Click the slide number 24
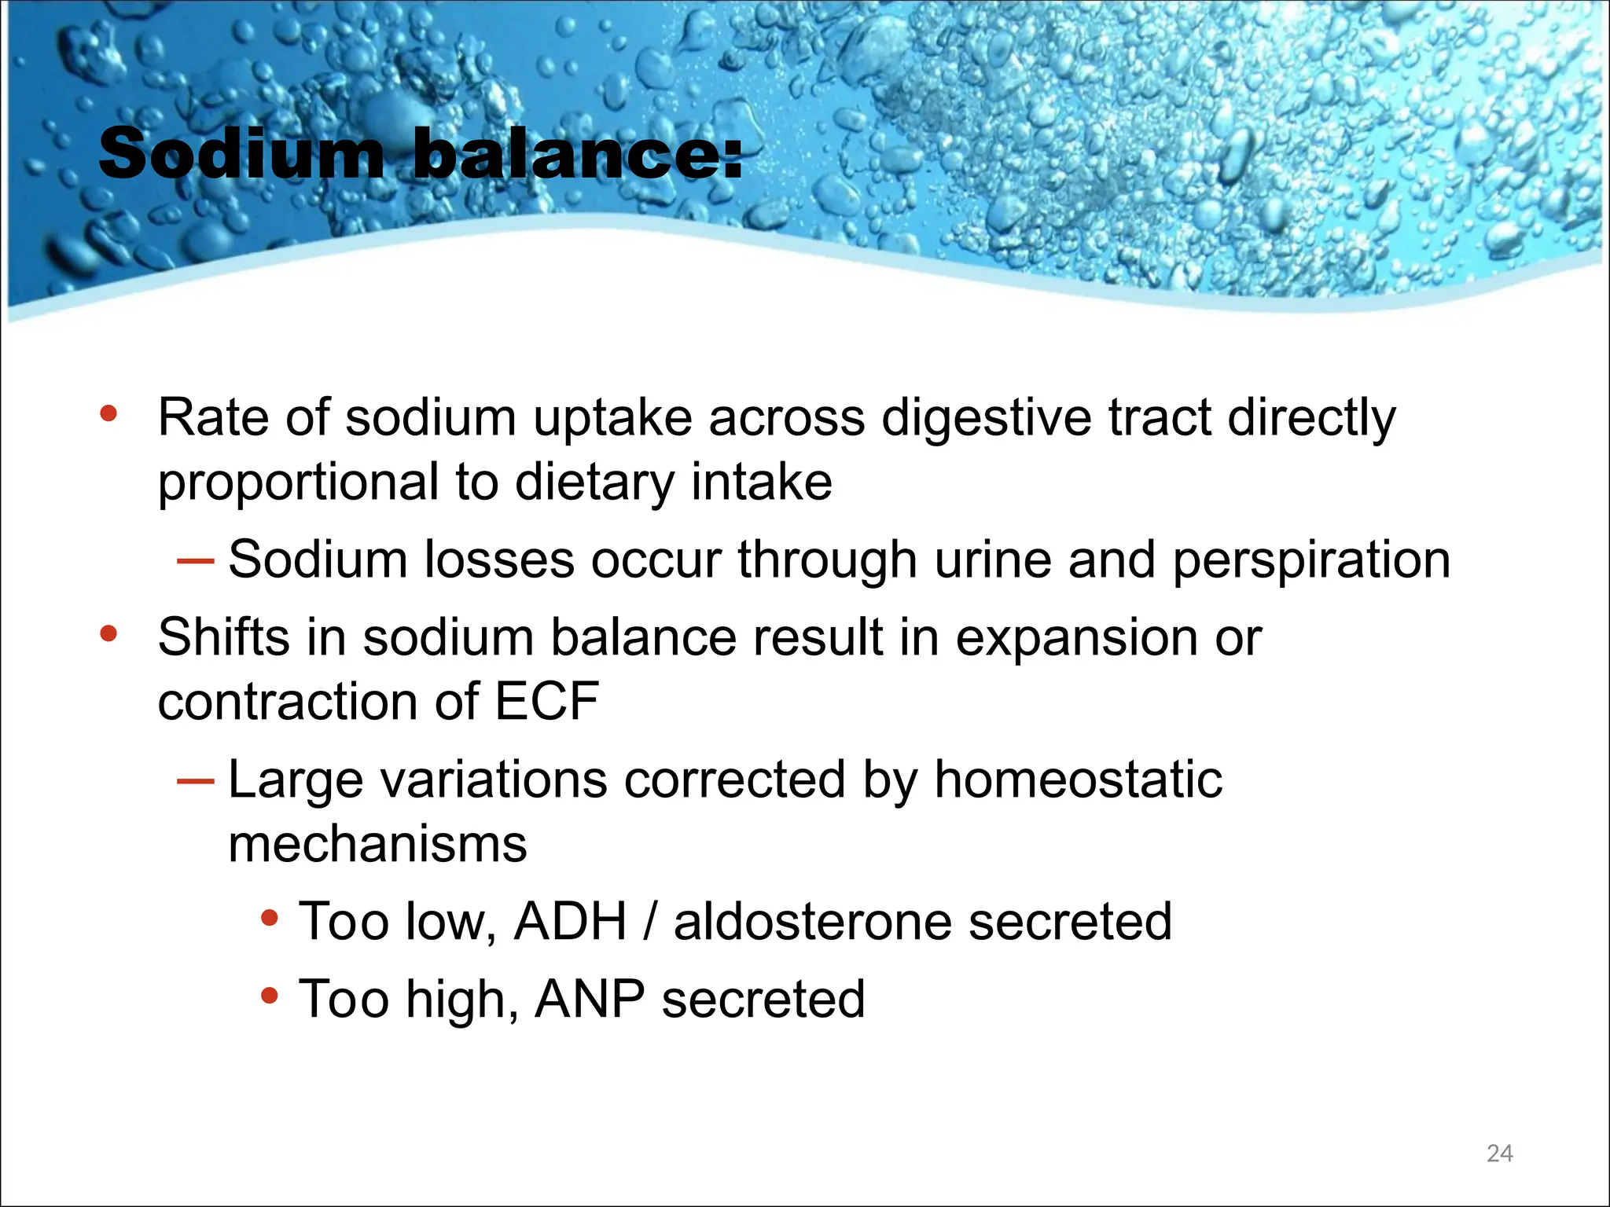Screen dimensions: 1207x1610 [x=1499, y=1153]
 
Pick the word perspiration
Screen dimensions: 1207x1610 [x=1311, y=561]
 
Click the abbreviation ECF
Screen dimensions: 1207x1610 [x=546, y=701]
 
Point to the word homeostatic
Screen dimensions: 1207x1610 [x=1078, y=780]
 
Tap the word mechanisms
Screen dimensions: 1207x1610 [x=377, y=844]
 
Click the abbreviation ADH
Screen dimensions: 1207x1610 [x=571, y=921]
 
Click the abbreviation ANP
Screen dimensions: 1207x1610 [x=590, y=1000]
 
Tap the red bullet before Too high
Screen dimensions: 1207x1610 [x=270, y=996]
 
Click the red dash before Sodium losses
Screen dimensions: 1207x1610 [x=195, y=561]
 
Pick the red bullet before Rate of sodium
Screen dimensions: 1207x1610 [x=108, y=413]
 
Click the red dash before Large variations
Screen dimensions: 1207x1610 [x=195, y=781]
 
